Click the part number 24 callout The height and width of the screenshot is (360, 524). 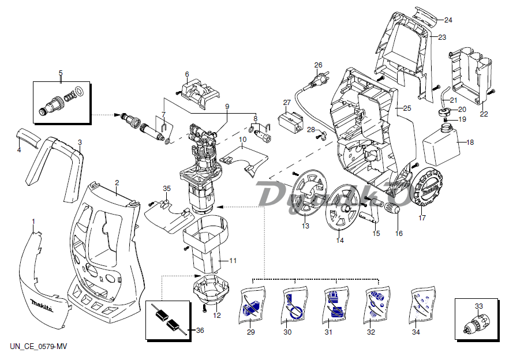[448, 20]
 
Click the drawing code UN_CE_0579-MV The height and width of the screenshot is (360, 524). [38, 346]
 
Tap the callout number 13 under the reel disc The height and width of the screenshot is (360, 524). [305, 226]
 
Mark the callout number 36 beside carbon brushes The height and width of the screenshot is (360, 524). [200, 330]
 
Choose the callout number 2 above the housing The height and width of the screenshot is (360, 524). [117, 183]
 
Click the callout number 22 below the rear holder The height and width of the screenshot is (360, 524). [484, 114]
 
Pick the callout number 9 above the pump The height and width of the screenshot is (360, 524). [227, 107]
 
